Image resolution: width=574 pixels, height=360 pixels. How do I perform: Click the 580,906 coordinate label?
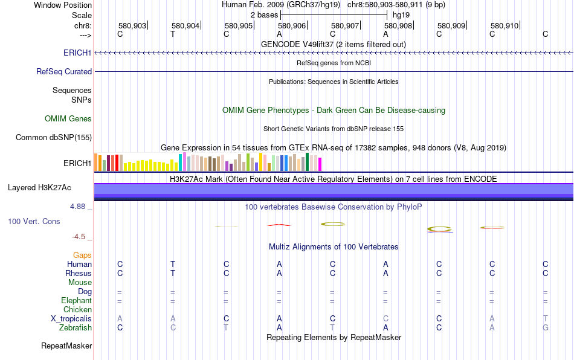[292, 26]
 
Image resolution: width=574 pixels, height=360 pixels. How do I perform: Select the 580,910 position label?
[505, 26]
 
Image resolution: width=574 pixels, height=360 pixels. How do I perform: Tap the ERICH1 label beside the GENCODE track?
[77, 53]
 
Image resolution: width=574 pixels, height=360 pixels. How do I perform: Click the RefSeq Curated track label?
[64, 71]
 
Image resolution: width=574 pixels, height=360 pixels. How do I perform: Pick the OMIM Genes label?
[68, 119]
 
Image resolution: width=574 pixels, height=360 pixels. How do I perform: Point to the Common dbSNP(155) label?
[54, 138]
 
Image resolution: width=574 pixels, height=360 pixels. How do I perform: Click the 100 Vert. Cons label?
[34, 222]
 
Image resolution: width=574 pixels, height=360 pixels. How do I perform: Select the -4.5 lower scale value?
[80, 237]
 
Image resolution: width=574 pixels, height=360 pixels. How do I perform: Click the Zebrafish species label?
[76, 328]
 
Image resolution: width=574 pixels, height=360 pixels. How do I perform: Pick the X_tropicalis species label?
[71, 319]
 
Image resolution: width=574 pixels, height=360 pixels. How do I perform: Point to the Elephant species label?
[76, 301]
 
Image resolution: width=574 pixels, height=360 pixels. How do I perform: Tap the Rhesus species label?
[79, 274]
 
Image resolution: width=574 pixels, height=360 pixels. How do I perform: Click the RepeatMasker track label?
[66, 346]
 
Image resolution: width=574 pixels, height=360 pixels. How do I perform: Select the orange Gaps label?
[82, 256]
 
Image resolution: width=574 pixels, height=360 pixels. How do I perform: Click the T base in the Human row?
[173, 264]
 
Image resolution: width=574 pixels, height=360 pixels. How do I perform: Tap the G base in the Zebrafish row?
[546, 328]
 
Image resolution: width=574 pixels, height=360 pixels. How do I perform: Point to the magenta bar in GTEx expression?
[320, 164]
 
